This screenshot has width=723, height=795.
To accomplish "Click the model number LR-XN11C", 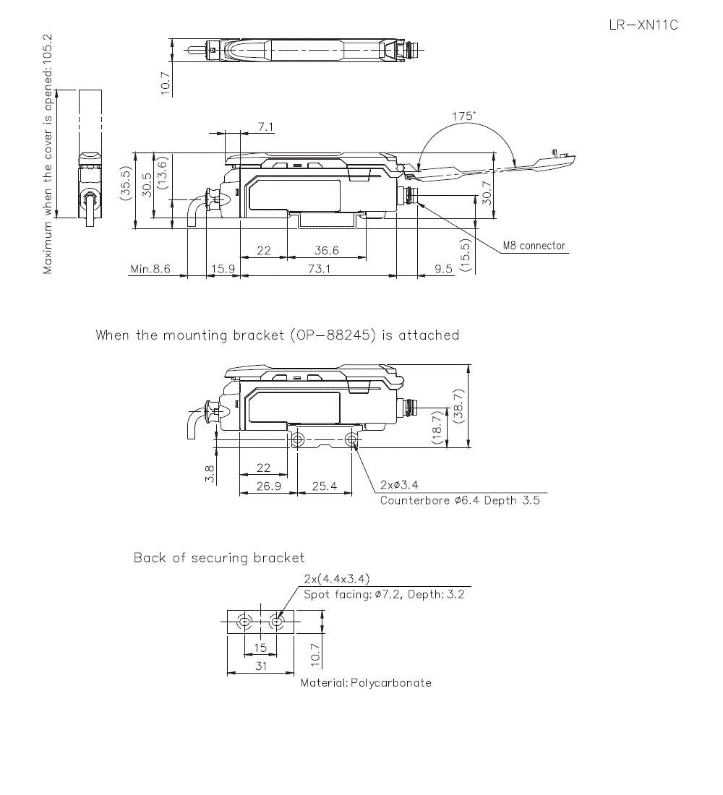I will [643, 25].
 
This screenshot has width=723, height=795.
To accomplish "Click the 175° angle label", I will [464, 116].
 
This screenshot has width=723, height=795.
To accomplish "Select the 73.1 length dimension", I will [319, 269].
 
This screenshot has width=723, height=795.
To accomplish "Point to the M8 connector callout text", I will [534, 246].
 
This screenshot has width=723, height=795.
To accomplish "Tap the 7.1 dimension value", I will [265, 127].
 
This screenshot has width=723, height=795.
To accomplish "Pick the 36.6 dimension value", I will [327, 251].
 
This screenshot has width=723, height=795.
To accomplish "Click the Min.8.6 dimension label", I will [150, 269].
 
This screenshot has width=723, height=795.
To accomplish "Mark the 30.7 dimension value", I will [487, 192].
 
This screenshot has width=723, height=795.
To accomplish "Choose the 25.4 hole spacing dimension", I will [324, 486].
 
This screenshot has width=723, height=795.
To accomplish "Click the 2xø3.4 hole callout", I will [399, 485].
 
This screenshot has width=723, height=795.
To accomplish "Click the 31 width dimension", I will [261, 666].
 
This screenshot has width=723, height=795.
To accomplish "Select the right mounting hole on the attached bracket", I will [351, 439].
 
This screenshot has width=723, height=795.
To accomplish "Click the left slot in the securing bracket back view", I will [245, 622].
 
